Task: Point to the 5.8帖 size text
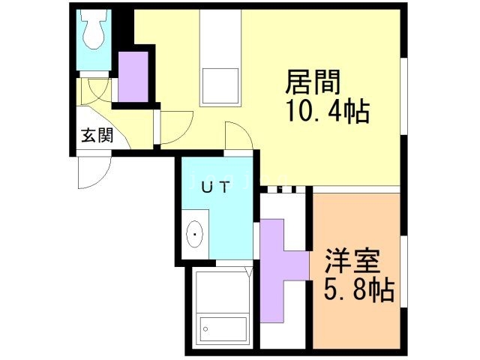click(359, 290)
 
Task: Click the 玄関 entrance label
click(97, 136)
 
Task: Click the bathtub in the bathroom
click(223, 327)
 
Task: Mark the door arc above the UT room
click(238, 140)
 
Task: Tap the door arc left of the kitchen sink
click(175, 127)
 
